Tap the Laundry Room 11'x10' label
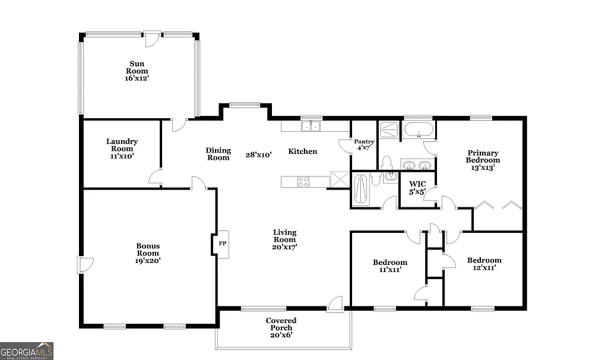[122, 149]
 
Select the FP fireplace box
[223, 244]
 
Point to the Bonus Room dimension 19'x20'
[148, 260]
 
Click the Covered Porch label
[281, 327]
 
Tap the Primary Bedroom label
[482, 160]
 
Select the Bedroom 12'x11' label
[484, 264]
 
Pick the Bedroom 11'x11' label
[389, 266]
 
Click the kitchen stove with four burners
[303, 181]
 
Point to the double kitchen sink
[311, 126]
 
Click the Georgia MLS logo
[27, 350]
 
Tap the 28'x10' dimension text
[259, 154]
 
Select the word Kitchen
[303, 151]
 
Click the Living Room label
[285, 239]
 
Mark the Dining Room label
[218, 154]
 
